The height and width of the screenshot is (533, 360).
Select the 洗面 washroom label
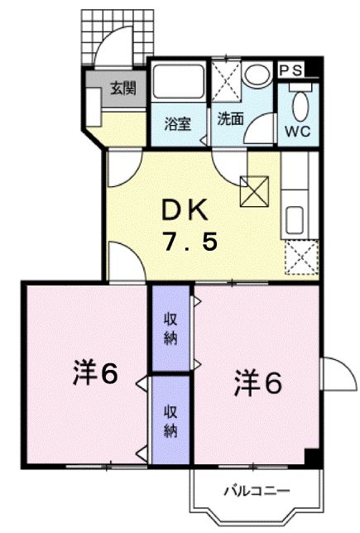[230, 118]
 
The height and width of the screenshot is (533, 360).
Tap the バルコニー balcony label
[257, 490]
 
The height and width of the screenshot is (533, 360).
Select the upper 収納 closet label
[169, 329]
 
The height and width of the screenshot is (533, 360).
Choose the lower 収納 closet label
[169, 421]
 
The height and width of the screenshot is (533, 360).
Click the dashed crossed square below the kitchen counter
[300, 257]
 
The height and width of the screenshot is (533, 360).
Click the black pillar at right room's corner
[311, 455]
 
